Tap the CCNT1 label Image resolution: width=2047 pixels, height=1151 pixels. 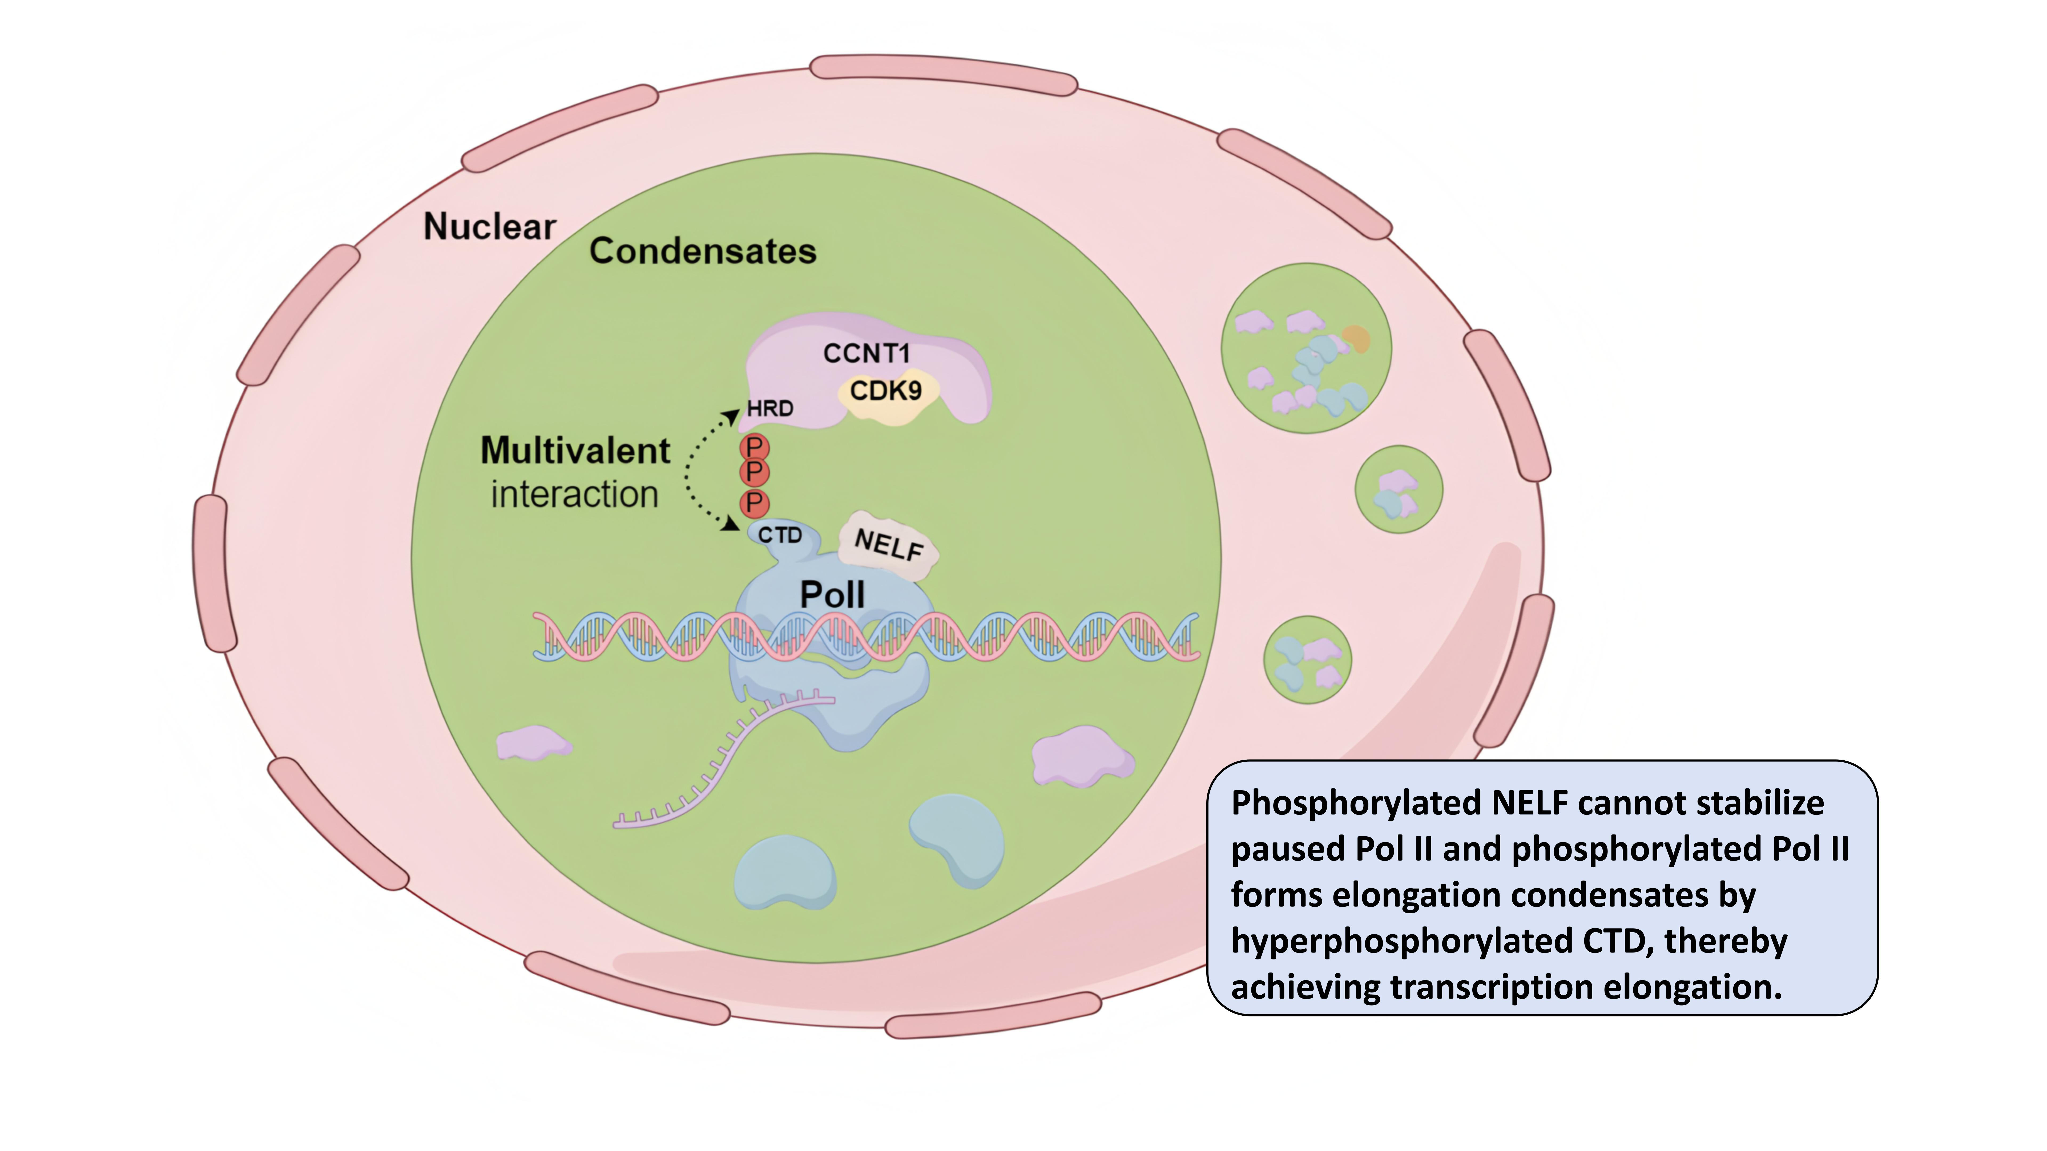[866, 354]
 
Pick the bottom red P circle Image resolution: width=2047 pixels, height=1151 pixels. [754, 503]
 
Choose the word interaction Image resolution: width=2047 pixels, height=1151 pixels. [575, 495]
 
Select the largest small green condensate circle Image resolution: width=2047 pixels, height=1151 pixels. [1306, 348]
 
